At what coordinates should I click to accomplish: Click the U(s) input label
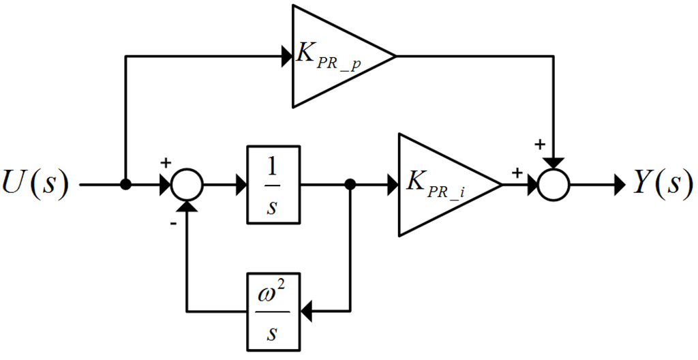pos(35,184)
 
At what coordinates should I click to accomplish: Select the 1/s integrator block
pos(273,184)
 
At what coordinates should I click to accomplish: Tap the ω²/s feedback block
pos(273,312)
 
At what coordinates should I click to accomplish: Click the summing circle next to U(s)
pos(186,184)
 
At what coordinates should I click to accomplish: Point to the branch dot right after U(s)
pos(125,184)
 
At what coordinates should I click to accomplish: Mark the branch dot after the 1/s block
pos(350,184)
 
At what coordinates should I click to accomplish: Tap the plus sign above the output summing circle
pos(540,145)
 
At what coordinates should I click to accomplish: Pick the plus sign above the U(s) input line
pos(164,163)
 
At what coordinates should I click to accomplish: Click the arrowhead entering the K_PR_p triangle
pos(286,56)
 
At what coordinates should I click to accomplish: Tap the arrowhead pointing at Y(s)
pos(619,184)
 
